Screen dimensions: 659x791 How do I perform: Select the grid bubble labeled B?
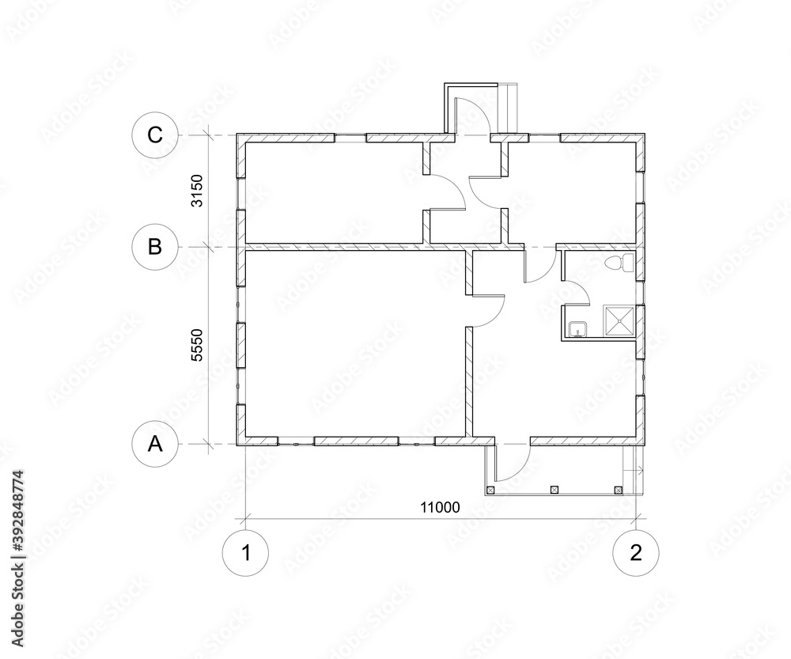pyautogui.click(x=156, y=246)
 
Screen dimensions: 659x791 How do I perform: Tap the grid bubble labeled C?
pyautogui.click(x=156, y=134)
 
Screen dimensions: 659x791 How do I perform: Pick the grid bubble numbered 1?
pyautogui.click(x=246, y=553)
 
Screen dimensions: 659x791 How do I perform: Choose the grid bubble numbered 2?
pyautogui.click(x=636, y=553)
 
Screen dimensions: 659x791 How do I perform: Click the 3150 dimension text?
pyautogui.click(x=199, y=191)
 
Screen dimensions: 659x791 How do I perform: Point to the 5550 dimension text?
pyautogui.click(x=199, y=346)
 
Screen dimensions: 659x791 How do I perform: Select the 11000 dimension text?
pyautogui.click(x=441, y=507)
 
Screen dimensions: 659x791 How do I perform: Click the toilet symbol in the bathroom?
pyautogui.click(x=615, y=263)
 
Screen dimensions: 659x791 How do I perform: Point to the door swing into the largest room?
pyautogui.click(x=489, y=309)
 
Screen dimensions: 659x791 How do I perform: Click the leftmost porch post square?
pyautogui.click(x=490, y=490)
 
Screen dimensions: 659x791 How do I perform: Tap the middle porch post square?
pyautogui.click(x=554, y=490)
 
